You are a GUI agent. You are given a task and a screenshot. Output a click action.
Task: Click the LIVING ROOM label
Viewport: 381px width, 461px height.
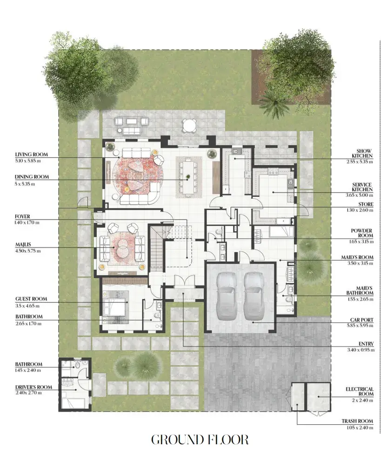[x=31, y=154]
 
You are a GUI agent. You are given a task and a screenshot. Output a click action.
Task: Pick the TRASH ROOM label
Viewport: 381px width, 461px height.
[x=357, y=421]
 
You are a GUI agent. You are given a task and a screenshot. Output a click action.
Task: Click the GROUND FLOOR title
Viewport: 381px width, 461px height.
[x=200, y=440]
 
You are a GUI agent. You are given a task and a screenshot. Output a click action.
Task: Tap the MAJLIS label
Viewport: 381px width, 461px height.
[x=23, y=245]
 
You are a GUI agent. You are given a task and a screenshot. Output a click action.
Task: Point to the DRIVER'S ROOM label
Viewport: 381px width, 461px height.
[x=33, y=387]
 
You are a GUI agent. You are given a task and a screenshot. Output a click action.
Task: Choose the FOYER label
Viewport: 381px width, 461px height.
[x=22, y=217]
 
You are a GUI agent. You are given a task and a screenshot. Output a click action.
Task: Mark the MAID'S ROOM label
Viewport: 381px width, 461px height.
[x=357, y=257]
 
